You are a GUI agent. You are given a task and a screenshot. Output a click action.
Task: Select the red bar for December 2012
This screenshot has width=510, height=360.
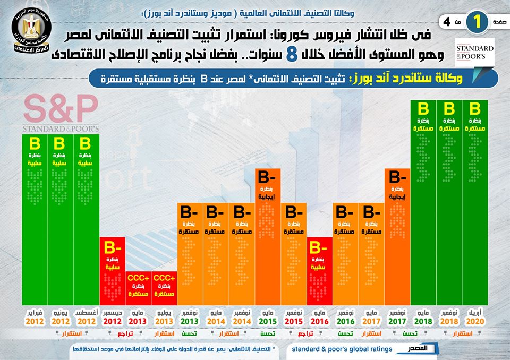tap(112, 271)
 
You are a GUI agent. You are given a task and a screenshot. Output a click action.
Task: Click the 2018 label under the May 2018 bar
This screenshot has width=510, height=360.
tap(424, 321)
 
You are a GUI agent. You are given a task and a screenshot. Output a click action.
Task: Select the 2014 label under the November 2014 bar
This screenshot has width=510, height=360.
tap(242, 321)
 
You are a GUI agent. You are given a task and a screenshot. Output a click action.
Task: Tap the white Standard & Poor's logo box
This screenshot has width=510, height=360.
tap(475, 52)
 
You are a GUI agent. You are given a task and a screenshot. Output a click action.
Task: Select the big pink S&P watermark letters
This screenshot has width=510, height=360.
tap(61, 109)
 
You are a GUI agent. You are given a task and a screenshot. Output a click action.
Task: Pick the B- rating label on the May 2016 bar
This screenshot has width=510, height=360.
tap(320, 247)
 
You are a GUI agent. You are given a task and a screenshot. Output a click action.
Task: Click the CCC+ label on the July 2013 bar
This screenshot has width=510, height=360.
tap(164, 278)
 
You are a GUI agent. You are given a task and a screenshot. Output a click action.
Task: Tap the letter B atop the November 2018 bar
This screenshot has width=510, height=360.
tap(449, 109)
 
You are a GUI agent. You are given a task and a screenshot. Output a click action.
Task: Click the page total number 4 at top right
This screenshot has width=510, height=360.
tap(447, 22)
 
